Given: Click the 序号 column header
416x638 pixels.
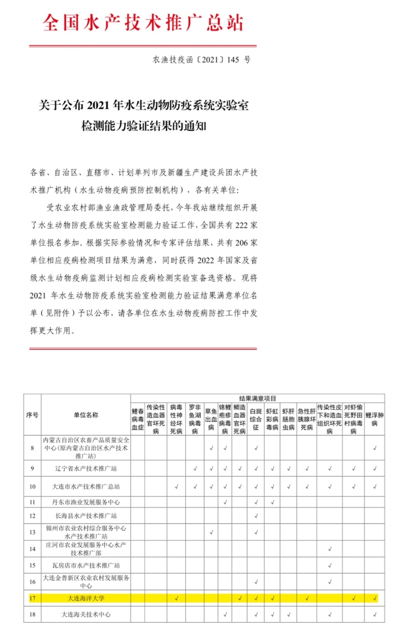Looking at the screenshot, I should pos(32,414).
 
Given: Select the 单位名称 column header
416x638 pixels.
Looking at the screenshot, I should pos(86,414).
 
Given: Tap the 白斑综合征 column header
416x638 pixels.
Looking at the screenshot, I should pos(256,419).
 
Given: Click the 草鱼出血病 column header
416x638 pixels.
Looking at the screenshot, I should pos(210,419).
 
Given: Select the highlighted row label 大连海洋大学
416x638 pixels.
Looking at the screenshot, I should pos(86,597).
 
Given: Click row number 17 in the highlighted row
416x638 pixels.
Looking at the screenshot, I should pos(32,597).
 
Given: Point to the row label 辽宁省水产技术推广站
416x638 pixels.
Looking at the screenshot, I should pos(86,468).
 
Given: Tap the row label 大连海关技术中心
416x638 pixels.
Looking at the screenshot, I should pos(86,614).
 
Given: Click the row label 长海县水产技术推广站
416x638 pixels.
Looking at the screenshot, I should pos(86,516).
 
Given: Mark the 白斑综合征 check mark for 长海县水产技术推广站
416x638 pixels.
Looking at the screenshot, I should pos(256,516).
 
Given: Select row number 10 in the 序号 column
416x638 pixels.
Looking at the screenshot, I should pos(32,485).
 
